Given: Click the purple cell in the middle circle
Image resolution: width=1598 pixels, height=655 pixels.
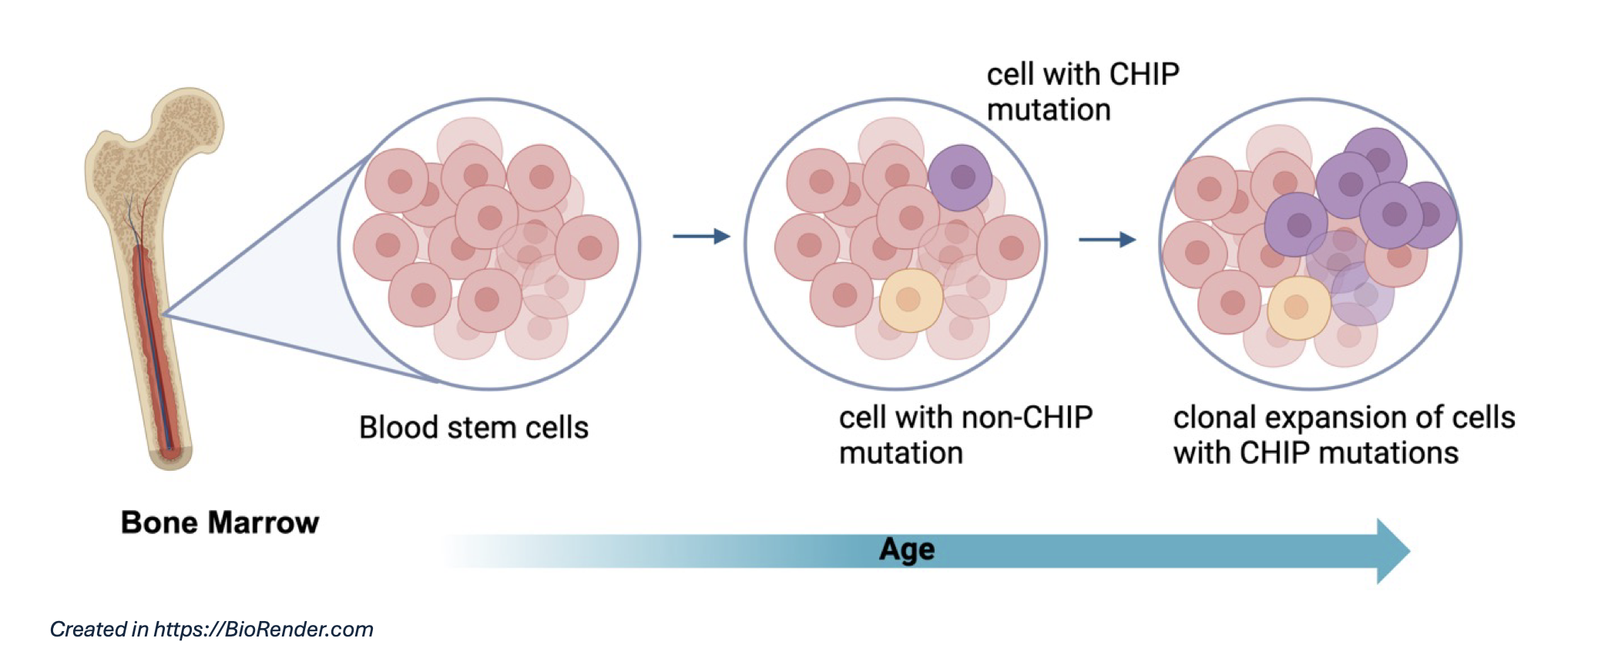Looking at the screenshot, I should click(959, 178).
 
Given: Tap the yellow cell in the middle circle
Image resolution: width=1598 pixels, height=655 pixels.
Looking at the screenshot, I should click(911, 300).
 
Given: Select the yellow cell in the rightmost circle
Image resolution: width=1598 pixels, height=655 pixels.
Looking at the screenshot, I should click(1298, 307).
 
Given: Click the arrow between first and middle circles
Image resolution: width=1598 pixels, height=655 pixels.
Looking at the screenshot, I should click(701, 236).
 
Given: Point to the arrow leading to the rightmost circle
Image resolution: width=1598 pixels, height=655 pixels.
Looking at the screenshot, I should click(1107, 240).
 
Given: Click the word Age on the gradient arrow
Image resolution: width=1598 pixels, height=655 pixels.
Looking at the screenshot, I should click(907, 549).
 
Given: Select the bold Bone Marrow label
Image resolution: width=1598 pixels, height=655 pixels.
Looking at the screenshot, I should click(220, 522).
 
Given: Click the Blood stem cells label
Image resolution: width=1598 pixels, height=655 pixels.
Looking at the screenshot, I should click(473, 428).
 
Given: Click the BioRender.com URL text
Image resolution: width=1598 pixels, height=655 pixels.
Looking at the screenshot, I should click(264, 630).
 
